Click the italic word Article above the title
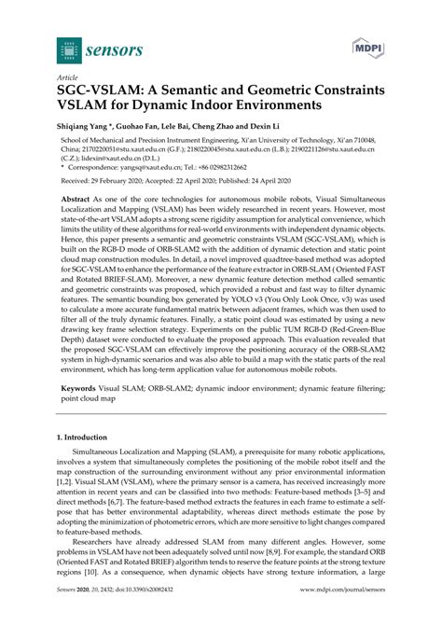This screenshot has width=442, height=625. pyautogui.click(x=68, y=79)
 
